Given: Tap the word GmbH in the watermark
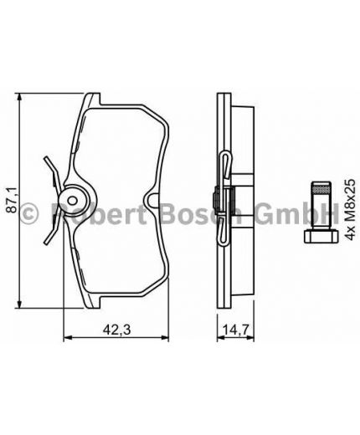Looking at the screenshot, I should coord(306,213).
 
